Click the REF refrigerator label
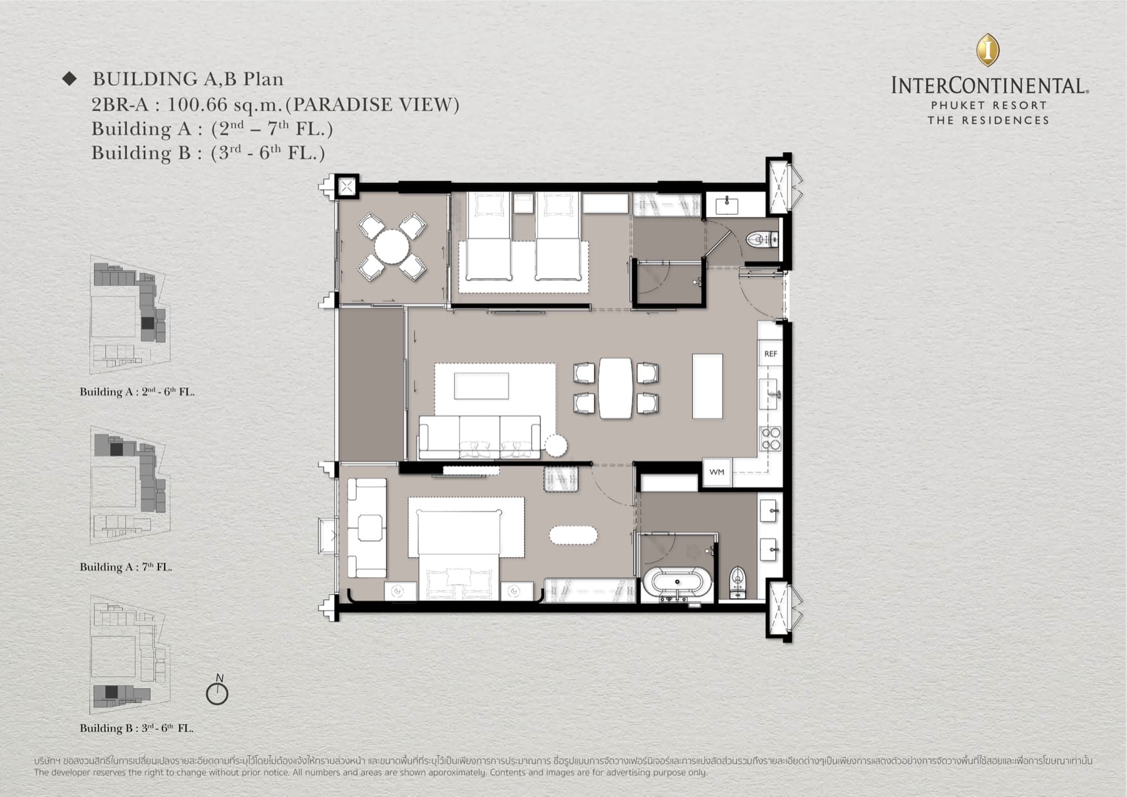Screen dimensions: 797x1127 (x=770, y=354)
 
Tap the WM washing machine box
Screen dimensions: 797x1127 (x=717, y=472)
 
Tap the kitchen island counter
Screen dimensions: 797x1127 (x=708, y=386)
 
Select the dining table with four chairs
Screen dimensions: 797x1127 (x=615, y=388)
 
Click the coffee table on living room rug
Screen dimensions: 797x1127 (x=481, y=386)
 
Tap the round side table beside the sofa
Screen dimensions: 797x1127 (x=555, y=446)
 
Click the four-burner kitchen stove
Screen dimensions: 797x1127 (x=770, y=438)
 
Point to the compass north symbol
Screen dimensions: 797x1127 (x=217, y=692)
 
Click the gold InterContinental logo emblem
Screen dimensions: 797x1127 (x=987, y=50)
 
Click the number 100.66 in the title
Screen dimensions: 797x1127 (x=196, y=105)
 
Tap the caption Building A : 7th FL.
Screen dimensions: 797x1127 (x=126, y=567)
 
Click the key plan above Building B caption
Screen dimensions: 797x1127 (x=129, y=655)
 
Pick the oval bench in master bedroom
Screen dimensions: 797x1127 (x=573, y=535)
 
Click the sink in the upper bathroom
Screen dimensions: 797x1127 (x=727, y=204)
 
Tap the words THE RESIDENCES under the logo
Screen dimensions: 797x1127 (x=988, y=120)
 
